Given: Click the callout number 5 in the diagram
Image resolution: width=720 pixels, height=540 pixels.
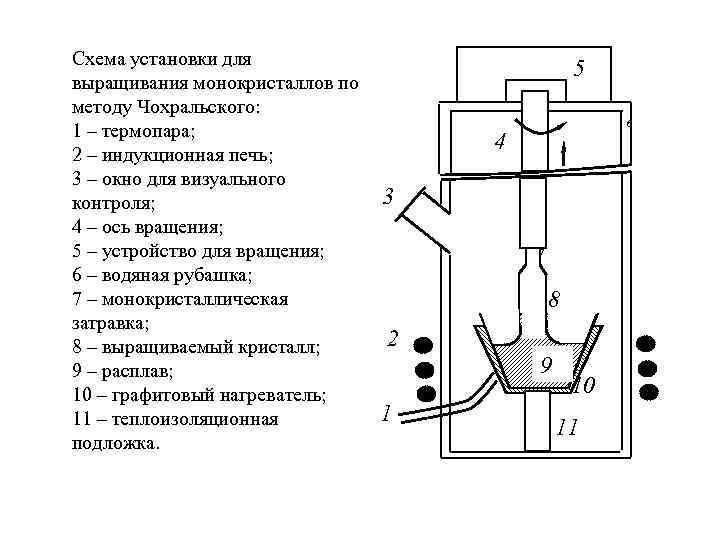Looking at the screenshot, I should (x=579, y=69).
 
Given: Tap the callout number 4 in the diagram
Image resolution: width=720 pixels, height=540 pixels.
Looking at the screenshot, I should (x=501, y=144).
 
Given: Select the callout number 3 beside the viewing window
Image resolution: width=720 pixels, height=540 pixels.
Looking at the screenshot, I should (x=389, y=196).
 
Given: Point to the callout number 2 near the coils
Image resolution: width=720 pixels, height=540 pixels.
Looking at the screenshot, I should (x=393, y=339).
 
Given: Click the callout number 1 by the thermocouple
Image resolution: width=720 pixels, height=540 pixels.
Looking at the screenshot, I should (x=386, y=413).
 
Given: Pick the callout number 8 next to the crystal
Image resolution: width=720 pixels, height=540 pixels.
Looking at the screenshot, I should (x=554, y=300).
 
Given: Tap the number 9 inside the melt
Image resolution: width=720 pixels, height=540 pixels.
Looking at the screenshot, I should (x=545, y=366).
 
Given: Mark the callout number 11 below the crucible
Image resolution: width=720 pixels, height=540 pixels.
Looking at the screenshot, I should (x=567, y=428).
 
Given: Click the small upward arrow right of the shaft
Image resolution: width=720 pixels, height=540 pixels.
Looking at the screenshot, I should (x=565, y=152).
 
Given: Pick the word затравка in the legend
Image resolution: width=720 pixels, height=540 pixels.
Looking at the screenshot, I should (x=110, y=323).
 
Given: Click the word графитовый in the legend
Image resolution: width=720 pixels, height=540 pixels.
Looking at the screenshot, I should (x=161, y=395).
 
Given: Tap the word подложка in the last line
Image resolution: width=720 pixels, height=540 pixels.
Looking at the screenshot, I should (x=115, y=443).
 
